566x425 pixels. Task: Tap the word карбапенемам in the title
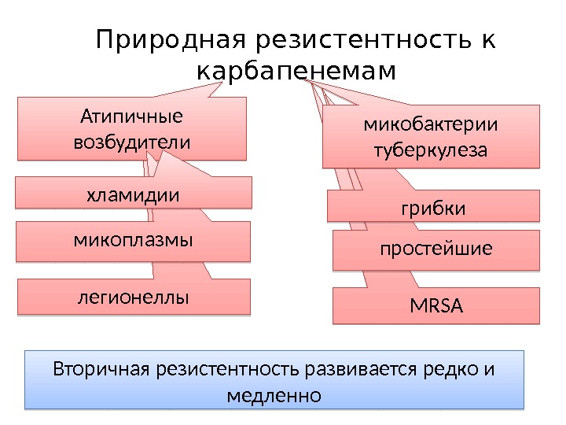tap(296, 72)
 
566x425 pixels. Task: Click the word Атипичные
tap(131, 117)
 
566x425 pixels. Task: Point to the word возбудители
tap(131, 143)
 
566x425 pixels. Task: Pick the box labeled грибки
tap(434, 208)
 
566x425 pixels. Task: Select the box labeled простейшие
tap(436, 249)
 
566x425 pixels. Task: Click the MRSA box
tap(436, 306)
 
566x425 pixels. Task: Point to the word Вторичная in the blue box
tap(101, 369)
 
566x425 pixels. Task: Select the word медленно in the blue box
tap(274, 394)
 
